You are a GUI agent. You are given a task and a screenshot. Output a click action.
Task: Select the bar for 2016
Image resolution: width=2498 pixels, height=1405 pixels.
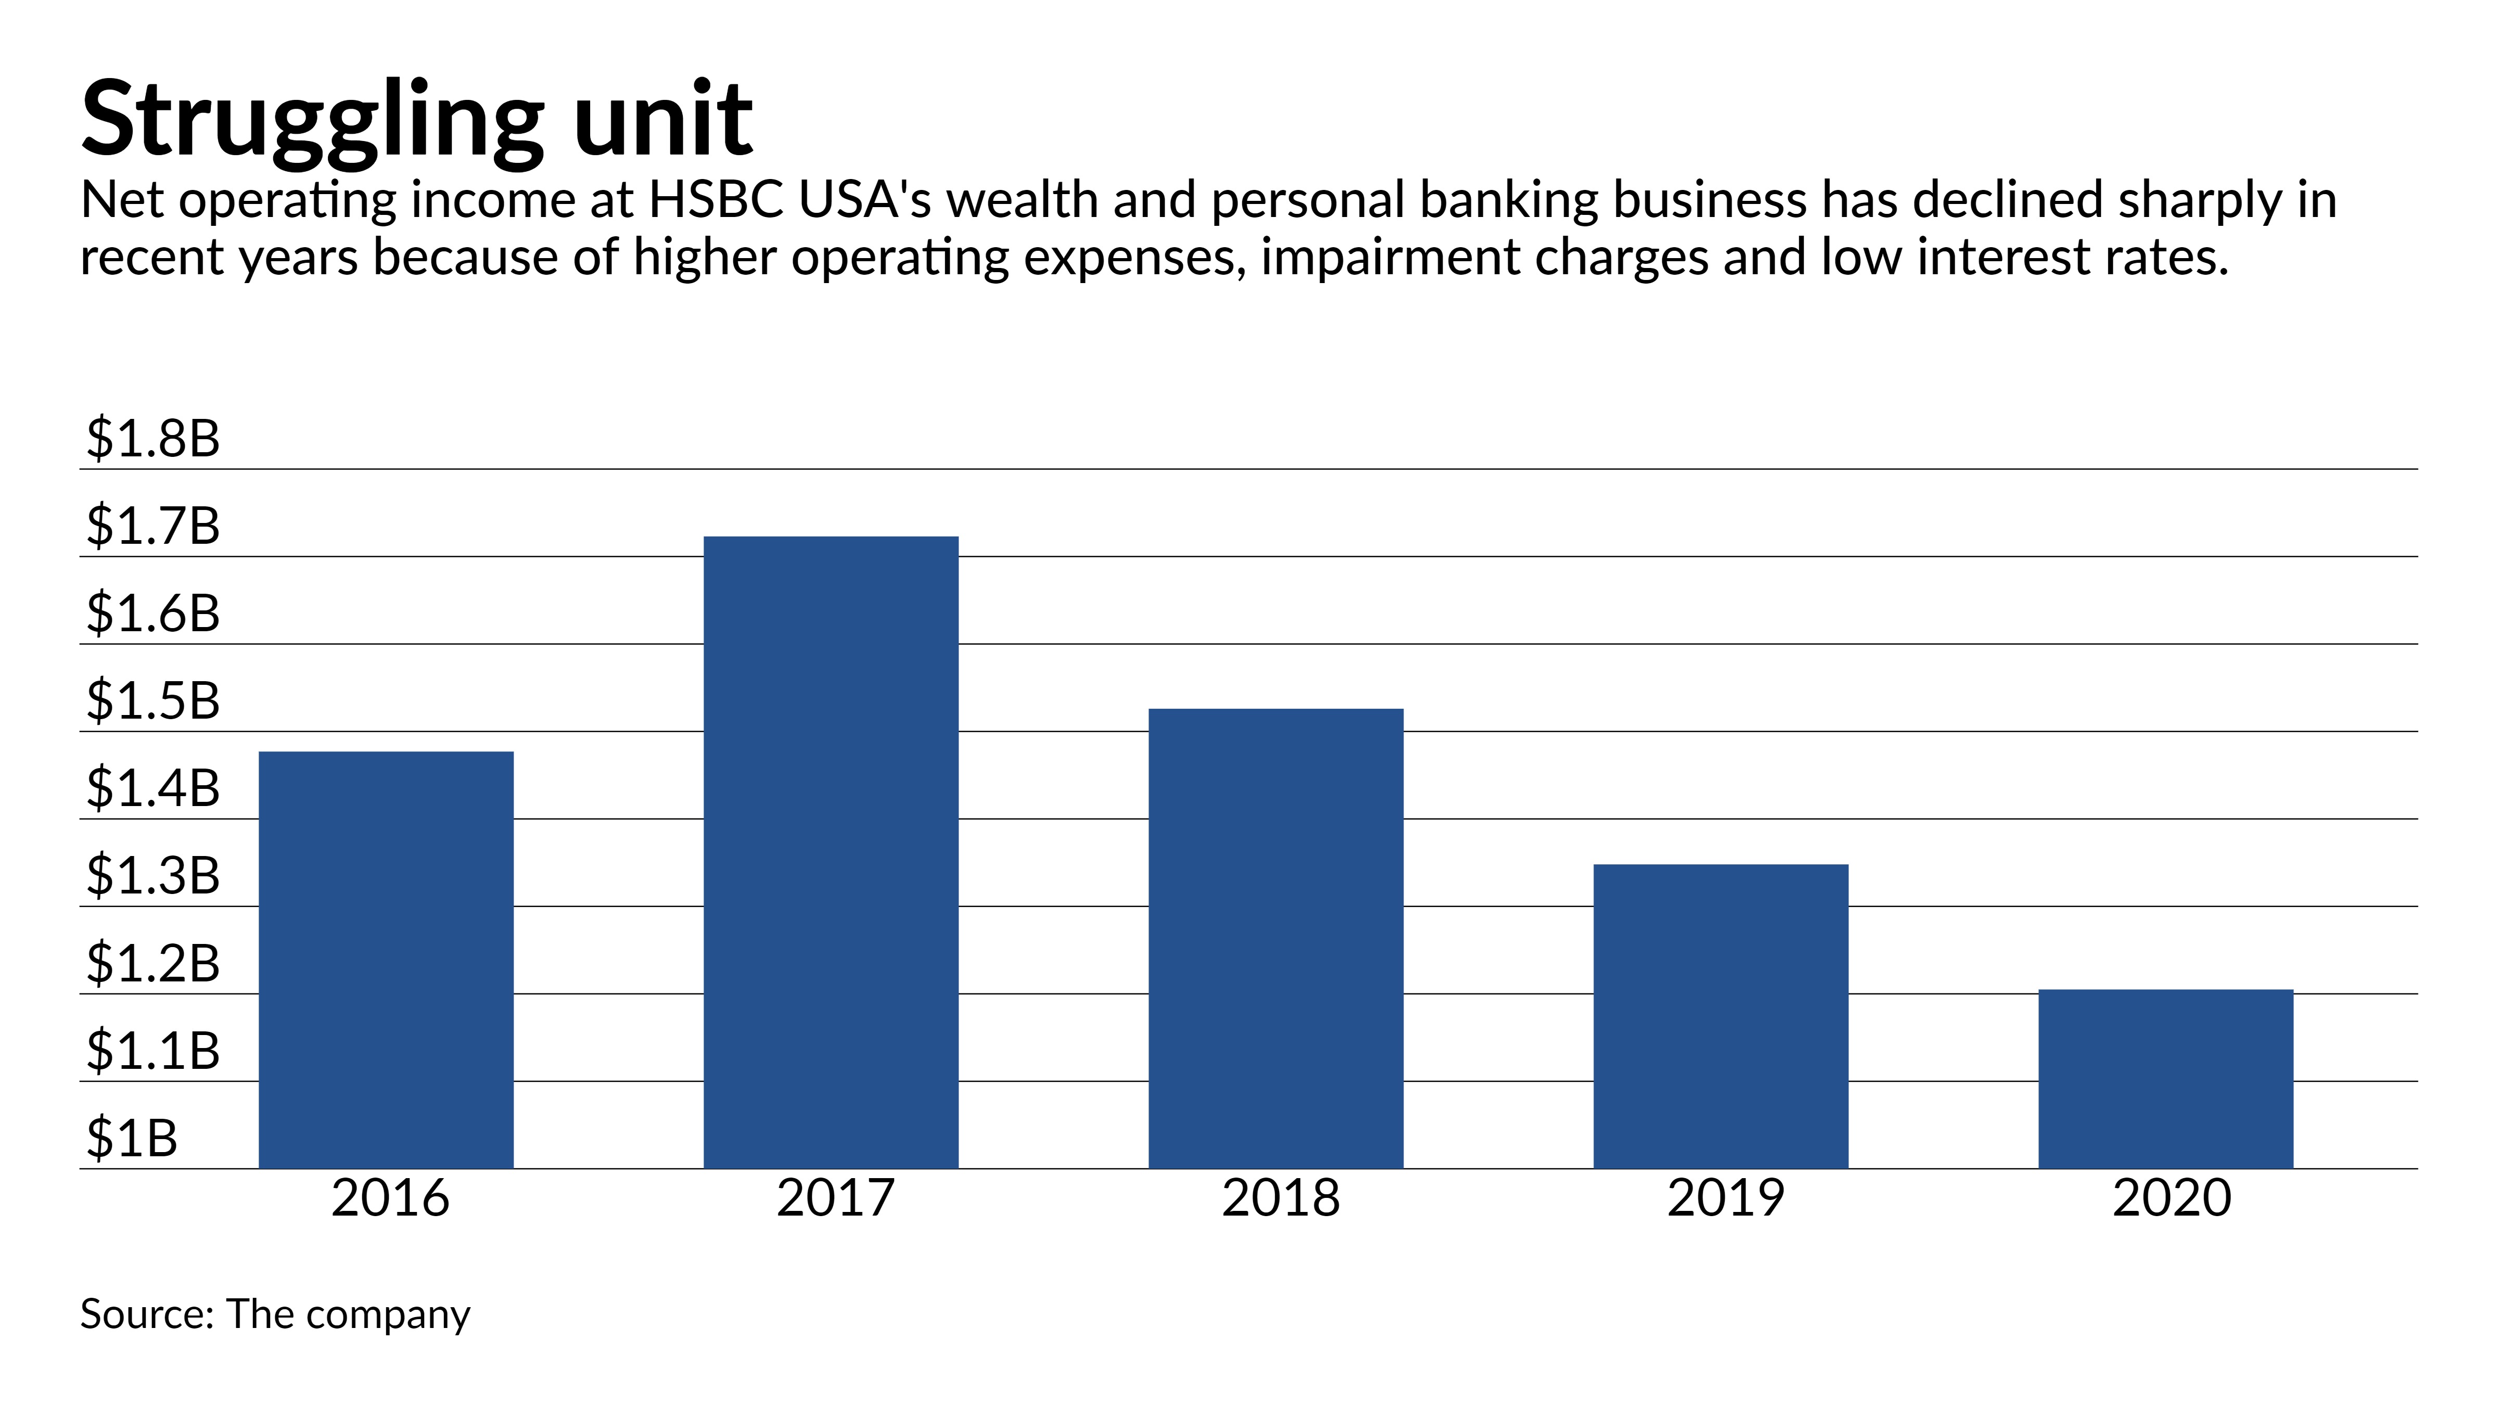pos(386,960)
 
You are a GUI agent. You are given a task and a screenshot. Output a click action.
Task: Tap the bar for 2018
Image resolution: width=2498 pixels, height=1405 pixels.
pos(1276,939)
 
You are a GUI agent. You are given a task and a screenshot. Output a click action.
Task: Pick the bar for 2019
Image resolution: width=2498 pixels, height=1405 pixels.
pos(1721,1016)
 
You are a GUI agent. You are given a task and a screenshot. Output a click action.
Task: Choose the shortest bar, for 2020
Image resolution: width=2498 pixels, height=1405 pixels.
pos(2166,1078)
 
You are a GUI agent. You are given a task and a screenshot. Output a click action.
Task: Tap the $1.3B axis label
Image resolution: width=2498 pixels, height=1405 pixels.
pos(153,876)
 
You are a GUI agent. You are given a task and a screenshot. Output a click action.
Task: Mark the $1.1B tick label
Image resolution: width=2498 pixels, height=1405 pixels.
pos(153,1050)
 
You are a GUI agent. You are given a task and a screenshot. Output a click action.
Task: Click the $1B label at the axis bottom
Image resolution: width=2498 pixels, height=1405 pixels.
pos(132,1138)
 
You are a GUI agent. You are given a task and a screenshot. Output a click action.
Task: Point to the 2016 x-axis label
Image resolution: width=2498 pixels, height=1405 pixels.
pos(390,1198)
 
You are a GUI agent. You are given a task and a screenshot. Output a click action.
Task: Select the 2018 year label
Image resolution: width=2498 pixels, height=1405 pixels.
pos(1280,1198)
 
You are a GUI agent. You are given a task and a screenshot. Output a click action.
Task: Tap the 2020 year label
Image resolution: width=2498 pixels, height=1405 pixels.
pos(2171,1198)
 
